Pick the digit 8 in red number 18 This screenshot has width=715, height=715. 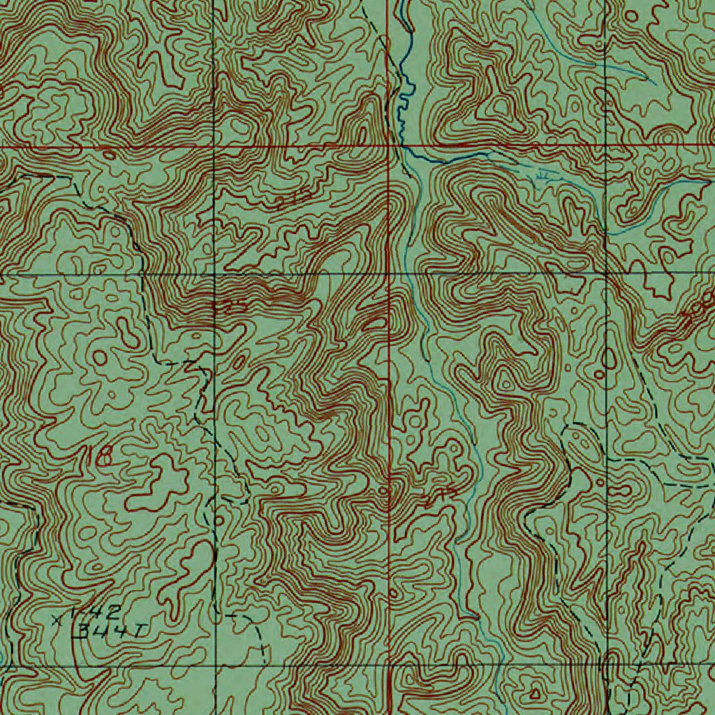(104, 457)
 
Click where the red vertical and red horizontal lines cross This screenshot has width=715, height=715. (389, 147)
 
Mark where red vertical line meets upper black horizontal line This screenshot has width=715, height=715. (389, 274)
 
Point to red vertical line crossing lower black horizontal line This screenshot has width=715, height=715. (389, 665)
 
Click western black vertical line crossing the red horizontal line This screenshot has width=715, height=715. (214, 147)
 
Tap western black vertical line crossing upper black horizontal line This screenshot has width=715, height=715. (214, 274)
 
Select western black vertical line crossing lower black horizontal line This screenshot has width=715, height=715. (214, 665)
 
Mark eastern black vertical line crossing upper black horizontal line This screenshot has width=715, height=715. (606, 274)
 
